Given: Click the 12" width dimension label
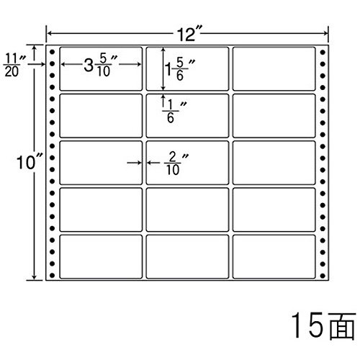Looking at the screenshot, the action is coord(187,34).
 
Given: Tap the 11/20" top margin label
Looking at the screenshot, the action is coord(14,65).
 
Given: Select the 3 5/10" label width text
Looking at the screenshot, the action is coord(100,65).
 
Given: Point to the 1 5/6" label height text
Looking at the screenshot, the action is coord(179,69).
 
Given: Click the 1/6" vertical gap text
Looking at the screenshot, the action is coord(174,112).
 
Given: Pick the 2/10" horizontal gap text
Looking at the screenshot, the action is coord(176,163).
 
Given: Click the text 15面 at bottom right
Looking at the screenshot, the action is coord(323,325).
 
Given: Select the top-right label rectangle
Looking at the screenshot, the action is coord(274,69).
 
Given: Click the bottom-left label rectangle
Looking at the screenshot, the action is coord(101,257).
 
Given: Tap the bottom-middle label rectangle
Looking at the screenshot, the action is coord(187,257).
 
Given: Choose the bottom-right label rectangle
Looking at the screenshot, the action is coord(274,257).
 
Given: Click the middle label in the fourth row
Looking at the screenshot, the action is coord(187,210).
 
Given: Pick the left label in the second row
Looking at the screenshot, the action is coord(101,116).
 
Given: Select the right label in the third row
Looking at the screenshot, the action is coord(274,163).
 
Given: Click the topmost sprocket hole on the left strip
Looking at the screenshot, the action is coord(52,52).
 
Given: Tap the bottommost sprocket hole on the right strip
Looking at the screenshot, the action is coord(323,276).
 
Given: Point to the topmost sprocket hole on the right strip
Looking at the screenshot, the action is coord(323,52).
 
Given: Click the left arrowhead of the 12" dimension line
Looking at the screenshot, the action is coord(49,33).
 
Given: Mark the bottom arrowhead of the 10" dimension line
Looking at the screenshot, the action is coord(35,277).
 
